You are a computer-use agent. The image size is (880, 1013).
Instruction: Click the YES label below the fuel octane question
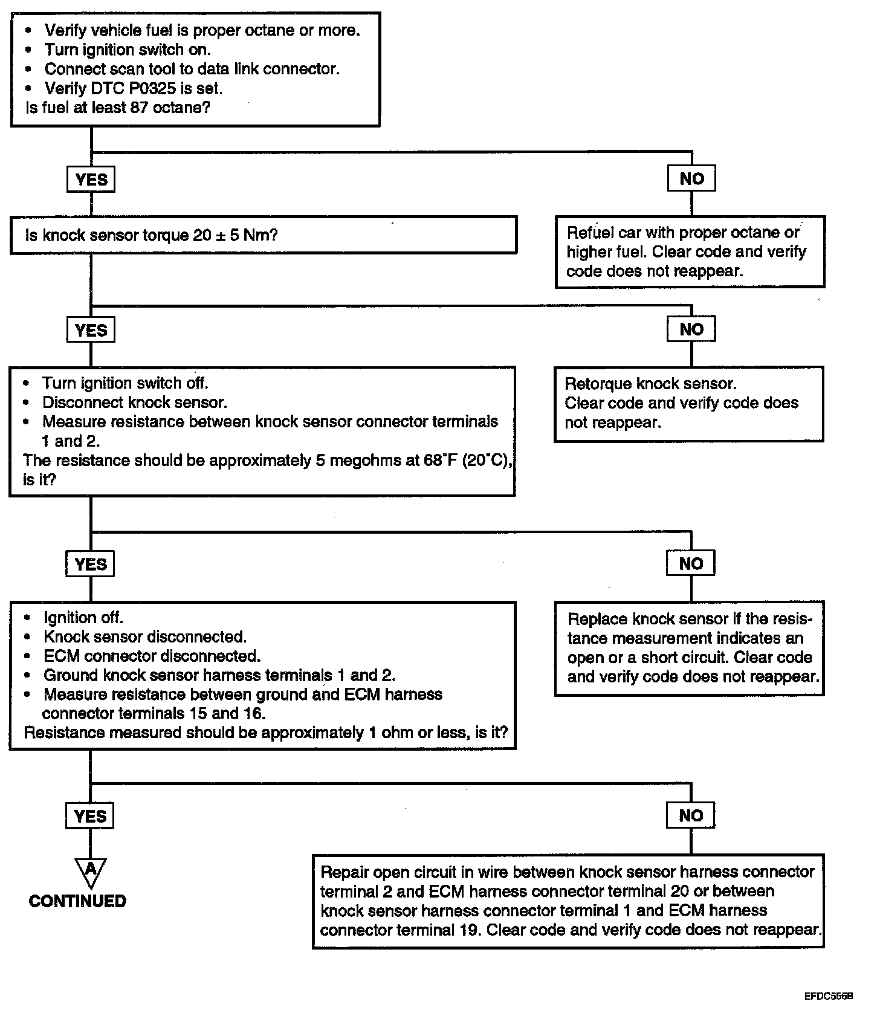[91, 179]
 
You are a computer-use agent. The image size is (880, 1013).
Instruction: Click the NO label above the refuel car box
[691, 178]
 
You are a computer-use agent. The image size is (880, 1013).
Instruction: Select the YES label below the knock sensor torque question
[91, 330]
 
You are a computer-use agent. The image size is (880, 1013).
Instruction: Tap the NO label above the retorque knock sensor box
[691, 329]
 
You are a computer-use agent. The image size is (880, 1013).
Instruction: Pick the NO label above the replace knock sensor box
[691, 563]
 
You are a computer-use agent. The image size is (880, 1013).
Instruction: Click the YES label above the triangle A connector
[90, 816]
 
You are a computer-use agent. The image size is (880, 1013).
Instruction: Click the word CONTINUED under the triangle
[78, 901]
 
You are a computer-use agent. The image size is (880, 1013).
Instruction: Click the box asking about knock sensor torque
[264, 235]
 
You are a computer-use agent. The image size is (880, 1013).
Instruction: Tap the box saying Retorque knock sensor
[689, 404]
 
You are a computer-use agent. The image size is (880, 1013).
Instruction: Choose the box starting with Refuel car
[690, 251]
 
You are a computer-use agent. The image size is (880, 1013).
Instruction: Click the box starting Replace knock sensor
[690, 648]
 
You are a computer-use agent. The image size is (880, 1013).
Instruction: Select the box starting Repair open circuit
[569, 901]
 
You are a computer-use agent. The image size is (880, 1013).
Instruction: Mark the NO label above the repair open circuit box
[691, 815]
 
